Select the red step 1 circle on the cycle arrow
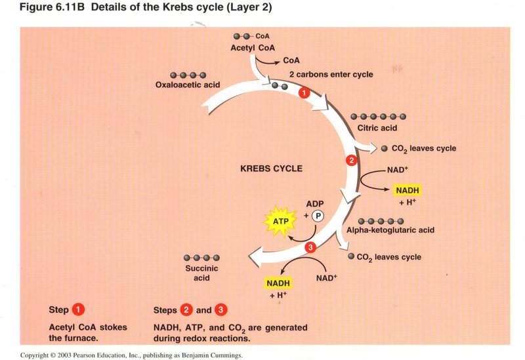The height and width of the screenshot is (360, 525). [303, 94]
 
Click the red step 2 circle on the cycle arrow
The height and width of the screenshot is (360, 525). [351, 161]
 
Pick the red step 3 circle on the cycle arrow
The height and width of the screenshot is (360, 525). [311, 247]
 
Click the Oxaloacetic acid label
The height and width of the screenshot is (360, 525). [187, 85]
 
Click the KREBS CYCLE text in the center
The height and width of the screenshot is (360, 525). [271, 169]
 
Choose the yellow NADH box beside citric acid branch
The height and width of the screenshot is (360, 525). [407, 191]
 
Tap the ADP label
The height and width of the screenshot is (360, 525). [316, 204]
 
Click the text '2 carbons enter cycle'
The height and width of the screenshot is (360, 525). [331, 74]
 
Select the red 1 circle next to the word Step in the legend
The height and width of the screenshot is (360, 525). [78, 310]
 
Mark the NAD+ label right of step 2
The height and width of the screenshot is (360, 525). [399, 169]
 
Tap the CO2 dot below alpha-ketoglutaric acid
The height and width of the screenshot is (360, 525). [351, 256]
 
